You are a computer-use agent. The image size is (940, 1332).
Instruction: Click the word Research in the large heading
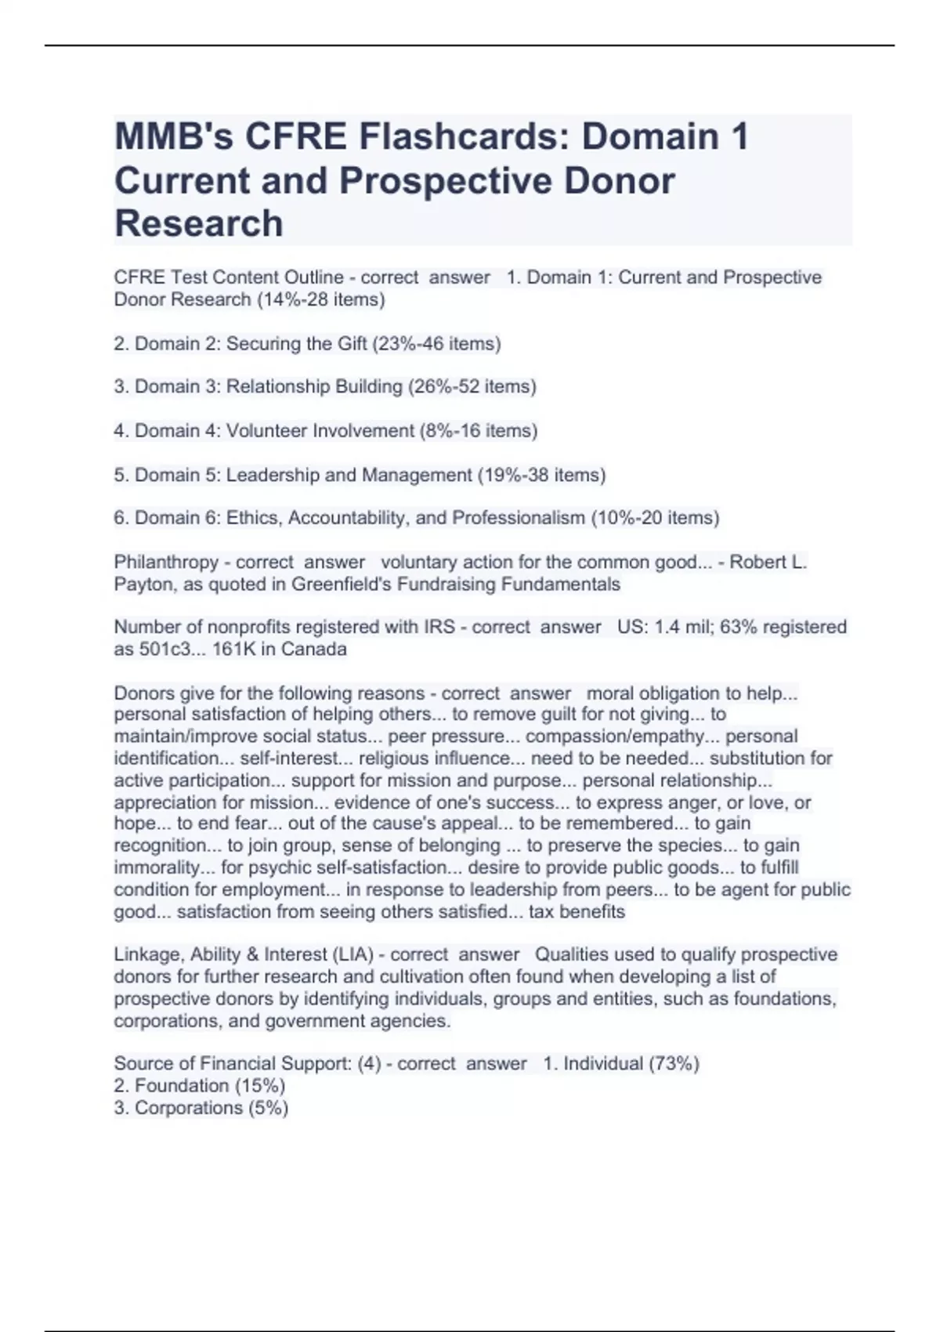[199, 223]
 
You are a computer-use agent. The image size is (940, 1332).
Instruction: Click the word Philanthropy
[166, 563]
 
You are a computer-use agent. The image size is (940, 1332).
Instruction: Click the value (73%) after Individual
[674, 1064]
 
